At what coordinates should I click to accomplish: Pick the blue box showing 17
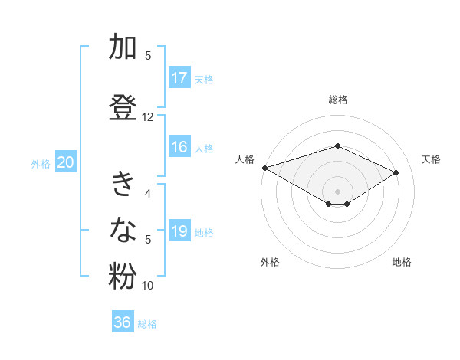point(179,78)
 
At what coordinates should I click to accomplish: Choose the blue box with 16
point(179,148)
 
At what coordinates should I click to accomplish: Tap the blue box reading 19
point(179,232)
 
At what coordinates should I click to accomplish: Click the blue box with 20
point(66,162)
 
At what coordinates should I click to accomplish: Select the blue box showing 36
point(123,322)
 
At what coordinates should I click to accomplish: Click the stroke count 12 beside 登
point(148,117)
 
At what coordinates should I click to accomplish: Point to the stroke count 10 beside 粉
point(148,286)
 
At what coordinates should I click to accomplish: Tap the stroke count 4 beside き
point(148,194)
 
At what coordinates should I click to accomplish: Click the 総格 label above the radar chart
point(337,100)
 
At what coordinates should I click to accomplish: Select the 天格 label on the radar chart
point(431,159)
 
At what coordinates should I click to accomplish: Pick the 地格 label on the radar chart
point(402,262)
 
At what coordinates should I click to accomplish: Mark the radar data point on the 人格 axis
point(264,168)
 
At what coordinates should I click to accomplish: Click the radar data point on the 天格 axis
point(396,172)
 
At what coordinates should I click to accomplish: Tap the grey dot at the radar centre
point(337,191)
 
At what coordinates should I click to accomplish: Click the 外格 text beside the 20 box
point(41,163)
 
